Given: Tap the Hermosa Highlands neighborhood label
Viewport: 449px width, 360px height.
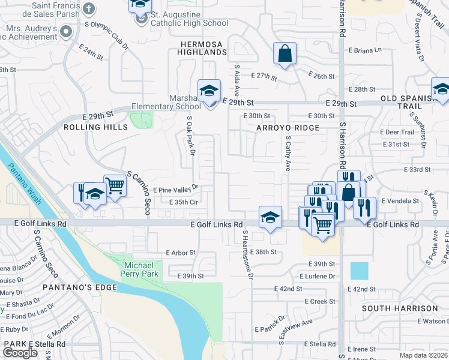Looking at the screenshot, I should [x=202, y=48].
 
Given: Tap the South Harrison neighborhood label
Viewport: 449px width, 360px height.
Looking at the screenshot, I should [x=400, y=308].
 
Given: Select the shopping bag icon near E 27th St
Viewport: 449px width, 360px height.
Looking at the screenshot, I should [x=285, y=53].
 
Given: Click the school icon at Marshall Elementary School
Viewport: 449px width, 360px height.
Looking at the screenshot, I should [x=209, y=91].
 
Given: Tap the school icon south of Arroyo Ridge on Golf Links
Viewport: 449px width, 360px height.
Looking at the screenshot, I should [x=270, y=217].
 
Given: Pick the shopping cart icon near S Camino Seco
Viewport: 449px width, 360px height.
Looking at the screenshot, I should [x=114, y=186].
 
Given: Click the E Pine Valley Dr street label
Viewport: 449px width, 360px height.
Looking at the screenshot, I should [x=175, y=188].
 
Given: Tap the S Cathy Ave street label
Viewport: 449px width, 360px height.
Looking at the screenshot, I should [x=288, y=152].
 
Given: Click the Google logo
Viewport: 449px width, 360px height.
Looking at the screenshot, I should [x=20, y=353].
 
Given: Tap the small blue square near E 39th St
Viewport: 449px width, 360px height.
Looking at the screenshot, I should [x=359, y=271].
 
